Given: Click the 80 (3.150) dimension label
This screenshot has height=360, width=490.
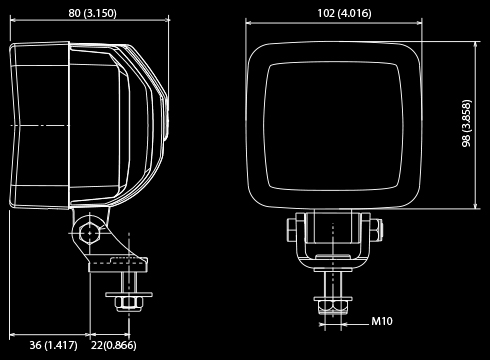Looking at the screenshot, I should (90, 13).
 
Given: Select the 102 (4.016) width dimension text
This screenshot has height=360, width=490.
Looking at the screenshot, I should (336, 13).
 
